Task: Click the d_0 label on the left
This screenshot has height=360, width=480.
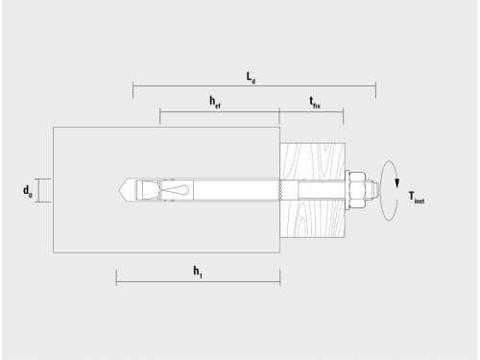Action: [x=28, y=192]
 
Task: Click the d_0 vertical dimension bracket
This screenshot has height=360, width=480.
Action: [x=39, y=190]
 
